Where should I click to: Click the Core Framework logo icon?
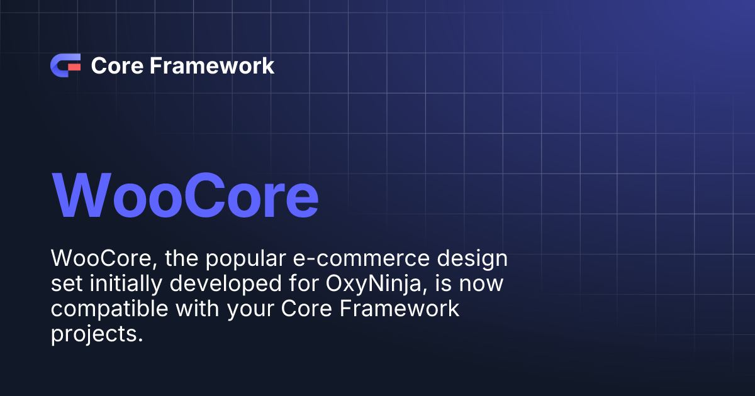[x=65, y=65]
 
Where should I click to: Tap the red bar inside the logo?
[x=74, y=65]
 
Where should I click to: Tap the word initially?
[x=120, y=284]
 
